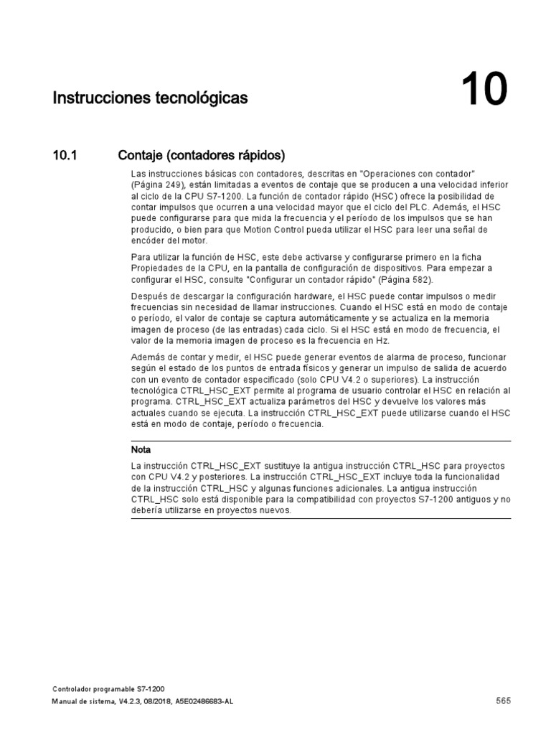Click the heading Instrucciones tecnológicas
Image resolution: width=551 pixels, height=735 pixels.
(x=150, y=97)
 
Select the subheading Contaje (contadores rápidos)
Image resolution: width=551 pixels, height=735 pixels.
(x=201, y=155)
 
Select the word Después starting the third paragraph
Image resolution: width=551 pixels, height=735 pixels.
(x=149, y=296)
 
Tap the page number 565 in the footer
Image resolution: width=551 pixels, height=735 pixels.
(x=502, y=701)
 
